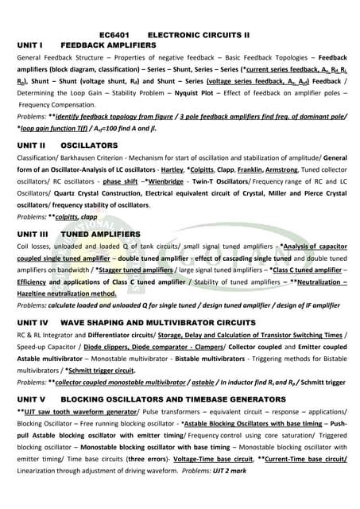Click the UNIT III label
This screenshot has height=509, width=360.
pos(33,235)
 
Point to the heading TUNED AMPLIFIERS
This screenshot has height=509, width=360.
pos(104,235)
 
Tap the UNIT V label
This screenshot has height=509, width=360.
pos(31,398)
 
